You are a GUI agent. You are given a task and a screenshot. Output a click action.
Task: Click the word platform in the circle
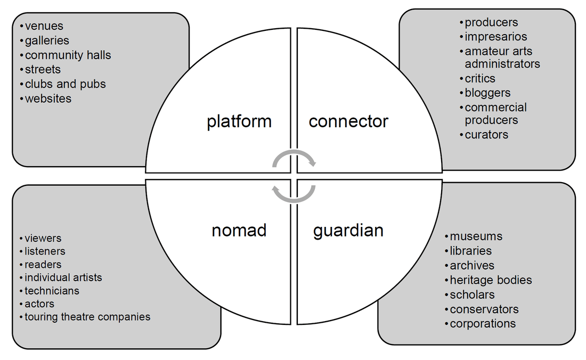click(239, 121)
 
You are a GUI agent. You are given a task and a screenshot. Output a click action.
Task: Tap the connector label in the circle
click(348, 121)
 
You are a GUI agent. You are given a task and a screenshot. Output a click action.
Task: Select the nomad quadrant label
click(239, 230)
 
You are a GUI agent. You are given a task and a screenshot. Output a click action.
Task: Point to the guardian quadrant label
click(348, 230)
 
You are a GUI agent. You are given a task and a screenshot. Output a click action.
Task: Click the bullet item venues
click(44, 26)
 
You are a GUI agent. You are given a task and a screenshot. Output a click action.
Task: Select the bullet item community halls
click(68, 55)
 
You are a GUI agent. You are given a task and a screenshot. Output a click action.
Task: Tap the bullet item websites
click(48, 99)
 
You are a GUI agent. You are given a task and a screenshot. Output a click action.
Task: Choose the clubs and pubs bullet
click(65, 84)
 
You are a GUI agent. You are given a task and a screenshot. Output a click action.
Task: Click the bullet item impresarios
click(495, 37)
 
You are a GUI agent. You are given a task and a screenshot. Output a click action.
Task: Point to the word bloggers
click(487, 93)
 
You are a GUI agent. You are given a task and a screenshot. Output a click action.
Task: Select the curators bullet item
click(486, 134)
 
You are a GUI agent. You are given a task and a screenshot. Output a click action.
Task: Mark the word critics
click(480, 78)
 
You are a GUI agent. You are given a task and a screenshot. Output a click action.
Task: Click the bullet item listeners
click(45, 251)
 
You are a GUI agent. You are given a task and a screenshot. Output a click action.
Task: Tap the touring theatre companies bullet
click(87, 317)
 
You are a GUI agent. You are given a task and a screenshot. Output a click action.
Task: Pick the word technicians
click(52, 291)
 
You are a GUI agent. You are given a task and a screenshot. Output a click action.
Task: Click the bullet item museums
click(476, 236)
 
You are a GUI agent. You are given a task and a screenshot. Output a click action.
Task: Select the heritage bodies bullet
click(491, 280)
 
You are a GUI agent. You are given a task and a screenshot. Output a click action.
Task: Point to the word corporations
click(483, 323)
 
